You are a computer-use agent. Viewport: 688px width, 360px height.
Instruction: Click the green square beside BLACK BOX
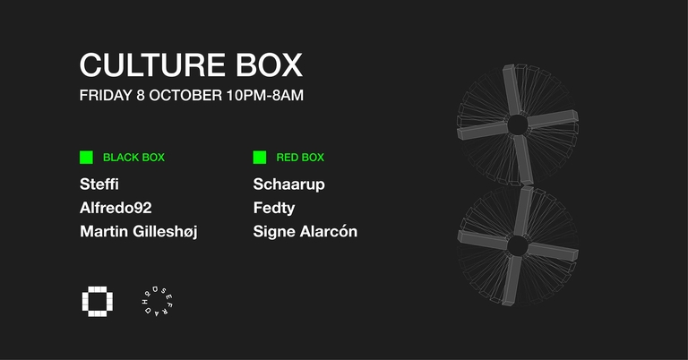click(x=86, y=158)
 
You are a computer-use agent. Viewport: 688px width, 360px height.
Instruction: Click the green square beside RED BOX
click(x=260, y=158)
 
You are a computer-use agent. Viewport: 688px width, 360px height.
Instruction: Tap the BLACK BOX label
click(x=133, y=158)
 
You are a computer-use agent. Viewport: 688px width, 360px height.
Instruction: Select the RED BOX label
click(x=300, y=158)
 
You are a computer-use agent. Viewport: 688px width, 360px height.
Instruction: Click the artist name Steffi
click(x=99, y=184)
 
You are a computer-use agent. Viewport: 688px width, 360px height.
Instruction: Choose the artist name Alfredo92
click(x=116, y=208)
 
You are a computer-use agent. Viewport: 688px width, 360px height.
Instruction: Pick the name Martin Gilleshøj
click(x=138, y=232)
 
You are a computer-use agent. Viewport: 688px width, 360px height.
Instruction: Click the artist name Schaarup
click(x=288, y=184)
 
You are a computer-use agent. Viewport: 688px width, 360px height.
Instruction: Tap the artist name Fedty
click(x=274, y=208)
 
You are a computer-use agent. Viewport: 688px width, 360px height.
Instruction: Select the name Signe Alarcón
click(x=305, y=232)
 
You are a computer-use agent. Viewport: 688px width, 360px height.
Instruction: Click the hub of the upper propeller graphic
click(x=518, y=124)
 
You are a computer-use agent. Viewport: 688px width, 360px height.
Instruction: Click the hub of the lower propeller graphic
click(x=517, y=244)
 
